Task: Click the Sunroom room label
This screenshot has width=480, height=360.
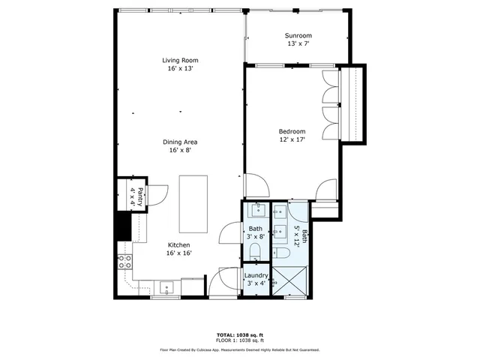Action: [x=298, y=40]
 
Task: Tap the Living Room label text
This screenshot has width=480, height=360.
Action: [x=180, y=64]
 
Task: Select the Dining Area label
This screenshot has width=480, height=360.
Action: [x=180, y=145]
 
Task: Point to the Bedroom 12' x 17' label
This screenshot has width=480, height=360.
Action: [x=292, y=136]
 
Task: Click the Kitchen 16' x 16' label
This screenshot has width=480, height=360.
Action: [x=178, y=249]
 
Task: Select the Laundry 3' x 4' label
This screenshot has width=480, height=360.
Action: [x=255, y=279]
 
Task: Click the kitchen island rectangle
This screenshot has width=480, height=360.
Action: [x=193, y=205]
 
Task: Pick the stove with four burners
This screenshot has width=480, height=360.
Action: [x=124, y=262]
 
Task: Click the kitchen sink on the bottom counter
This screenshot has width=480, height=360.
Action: [x=166, y=285]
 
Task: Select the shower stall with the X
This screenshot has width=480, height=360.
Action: [x=289, y=283]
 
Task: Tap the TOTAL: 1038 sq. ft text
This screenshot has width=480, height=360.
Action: [x=239, y=335]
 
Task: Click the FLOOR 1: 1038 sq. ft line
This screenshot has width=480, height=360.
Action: [x=239, y=341]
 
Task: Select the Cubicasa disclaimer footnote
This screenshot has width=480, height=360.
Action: [x=239, y=350]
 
